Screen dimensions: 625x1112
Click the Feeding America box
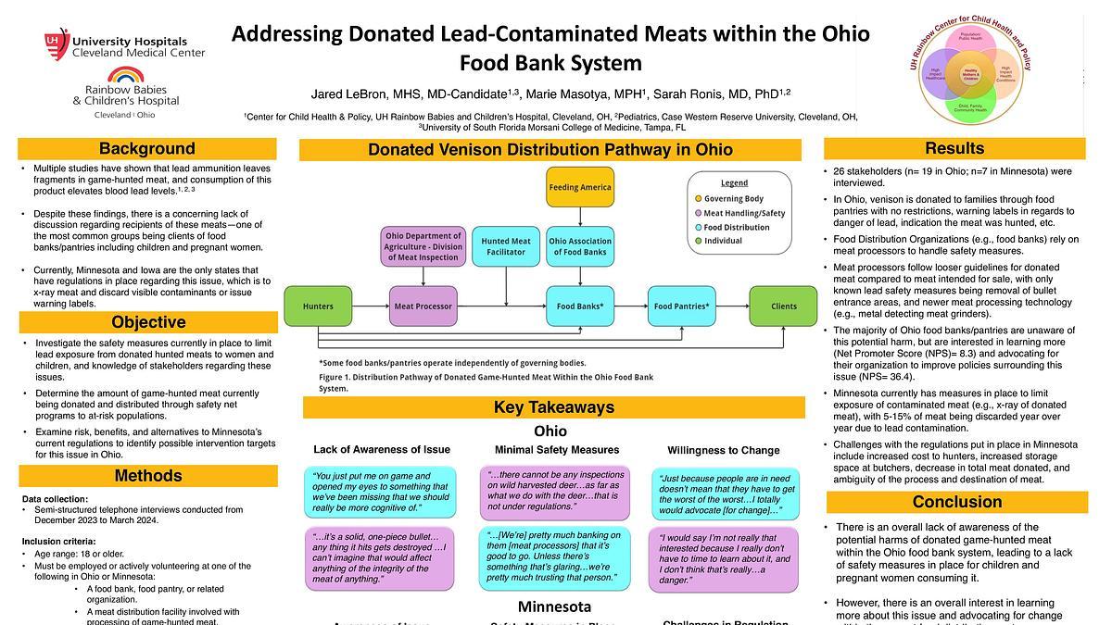coord(580,187)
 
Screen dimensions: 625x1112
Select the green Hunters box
coord(318,306)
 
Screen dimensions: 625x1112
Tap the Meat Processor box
coord(423,306)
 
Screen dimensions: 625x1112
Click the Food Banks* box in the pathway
coord(580,306)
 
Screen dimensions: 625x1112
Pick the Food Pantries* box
coord(681,306)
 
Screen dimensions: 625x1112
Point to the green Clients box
coord(784,306)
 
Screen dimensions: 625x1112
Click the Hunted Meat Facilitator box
coord(506,246)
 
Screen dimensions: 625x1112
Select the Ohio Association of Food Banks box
coord(580,246)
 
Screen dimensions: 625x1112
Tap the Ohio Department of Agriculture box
coord(423,246)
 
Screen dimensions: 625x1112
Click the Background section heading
coord(147,149)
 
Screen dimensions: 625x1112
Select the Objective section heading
coord(148,322)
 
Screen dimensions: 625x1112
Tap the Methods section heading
coord(148,476)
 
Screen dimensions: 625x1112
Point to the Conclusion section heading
coord(956,502)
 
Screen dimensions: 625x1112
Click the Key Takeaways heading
coord(553,407)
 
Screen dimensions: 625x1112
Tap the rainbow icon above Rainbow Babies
coord(125,76)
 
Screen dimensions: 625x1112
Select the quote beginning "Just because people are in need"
coord(727,494)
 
